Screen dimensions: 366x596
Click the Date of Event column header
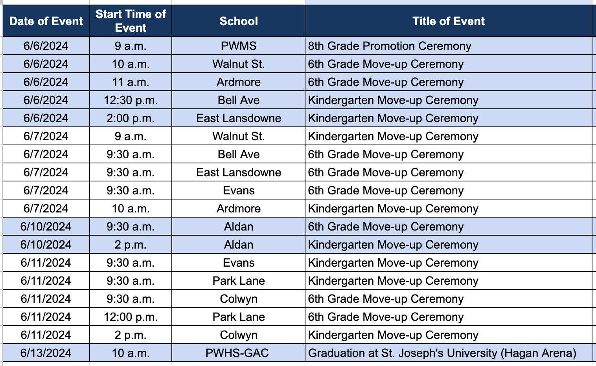click(46, 21)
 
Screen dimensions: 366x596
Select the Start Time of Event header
click(131, 21)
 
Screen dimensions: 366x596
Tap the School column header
click(239, 21)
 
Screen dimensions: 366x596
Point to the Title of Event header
click(448, 21)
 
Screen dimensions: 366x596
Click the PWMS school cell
click(239, 46)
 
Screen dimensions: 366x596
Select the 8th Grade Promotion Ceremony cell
click(389, 46)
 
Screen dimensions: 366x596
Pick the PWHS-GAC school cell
click(237, 353)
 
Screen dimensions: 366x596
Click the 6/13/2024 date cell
click(46, 353)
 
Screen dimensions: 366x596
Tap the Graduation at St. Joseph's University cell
click(442, 353)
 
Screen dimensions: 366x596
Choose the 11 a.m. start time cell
click(131, 82)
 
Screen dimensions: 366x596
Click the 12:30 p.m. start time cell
click(131, 100)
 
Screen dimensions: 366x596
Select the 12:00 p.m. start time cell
click(131, 317)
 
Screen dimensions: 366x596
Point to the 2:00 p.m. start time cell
click(131, 118)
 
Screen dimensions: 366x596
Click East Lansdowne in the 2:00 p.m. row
click(239, 118)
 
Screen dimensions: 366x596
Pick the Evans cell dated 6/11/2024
click(239, 263)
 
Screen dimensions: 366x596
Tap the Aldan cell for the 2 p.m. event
click(239, 245)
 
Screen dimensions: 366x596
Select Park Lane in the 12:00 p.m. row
click(239, 317)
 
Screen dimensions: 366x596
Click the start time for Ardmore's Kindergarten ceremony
click(131, 209)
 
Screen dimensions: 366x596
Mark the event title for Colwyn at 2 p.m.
click(393, 335)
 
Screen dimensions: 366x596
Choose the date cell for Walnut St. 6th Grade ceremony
click(46, 64)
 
